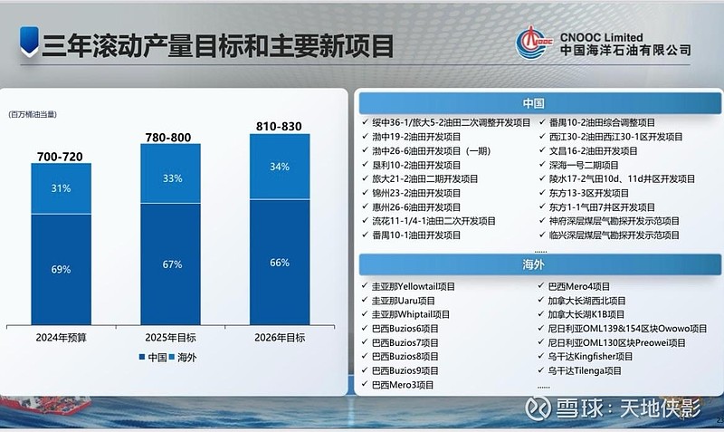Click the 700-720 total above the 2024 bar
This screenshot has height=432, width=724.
click(x=60, y=157)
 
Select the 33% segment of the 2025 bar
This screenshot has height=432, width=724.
click(x=170, y=173)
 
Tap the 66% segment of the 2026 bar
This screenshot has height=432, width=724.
click(x=280, y=262)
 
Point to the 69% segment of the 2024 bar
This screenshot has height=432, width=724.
click(x=61, y=269)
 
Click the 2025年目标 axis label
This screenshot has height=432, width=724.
click(x=170, y=338)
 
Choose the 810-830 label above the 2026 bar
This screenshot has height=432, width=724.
click(x=279, y=126)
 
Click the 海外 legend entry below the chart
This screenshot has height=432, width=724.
click(x=183, y=357)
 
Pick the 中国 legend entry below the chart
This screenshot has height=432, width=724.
click(x=153, y=357)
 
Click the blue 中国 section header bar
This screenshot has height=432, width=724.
click(x=539, y=103)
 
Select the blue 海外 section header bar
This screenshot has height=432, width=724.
click(x=539, y=264)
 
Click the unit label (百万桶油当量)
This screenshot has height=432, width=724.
click(x=33, y=114)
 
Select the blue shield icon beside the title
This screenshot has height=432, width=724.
click(x=29, y=42)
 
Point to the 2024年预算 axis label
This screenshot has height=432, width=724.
click(x=61, y=338)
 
